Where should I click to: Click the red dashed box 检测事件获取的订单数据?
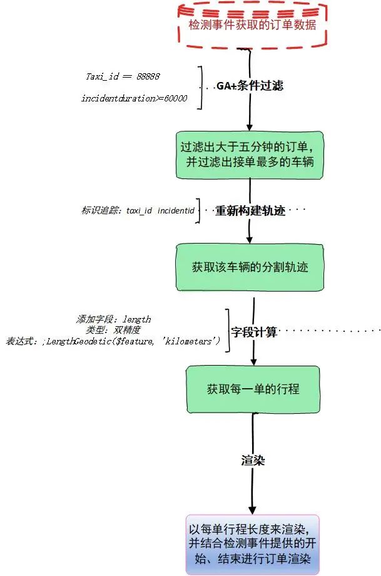coord(252,25)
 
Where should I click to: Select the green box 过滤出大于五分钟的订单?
coord(250,154)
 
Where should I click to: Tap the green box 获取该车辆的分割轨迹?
coord(250,267)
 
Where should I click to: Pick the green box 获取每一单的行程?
coord(253,389)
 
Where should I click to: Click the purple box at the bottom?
coord(252,543)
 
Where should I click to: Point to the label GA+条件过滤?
coord(250,86)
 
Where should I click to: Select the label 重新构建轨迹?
coord(250,211)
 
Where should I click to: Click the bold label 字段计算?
coord(254,332)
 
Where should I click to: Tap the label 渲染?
coord(253,461)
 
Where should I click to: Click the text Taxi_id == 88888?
coord(123,76)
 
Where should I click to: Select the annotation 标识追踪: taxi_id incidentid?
coord(138,210)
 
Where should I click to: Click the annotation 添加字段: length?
coord(113,319)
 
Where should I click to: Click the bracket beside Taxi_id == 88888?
coord(201,87)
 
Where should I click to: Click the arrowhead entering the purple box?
coord(252,510)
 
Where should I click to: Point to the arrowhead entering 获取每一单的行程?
coord(253,362)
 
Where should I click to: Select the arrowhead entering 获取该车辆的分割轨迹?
coord(250,239)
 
